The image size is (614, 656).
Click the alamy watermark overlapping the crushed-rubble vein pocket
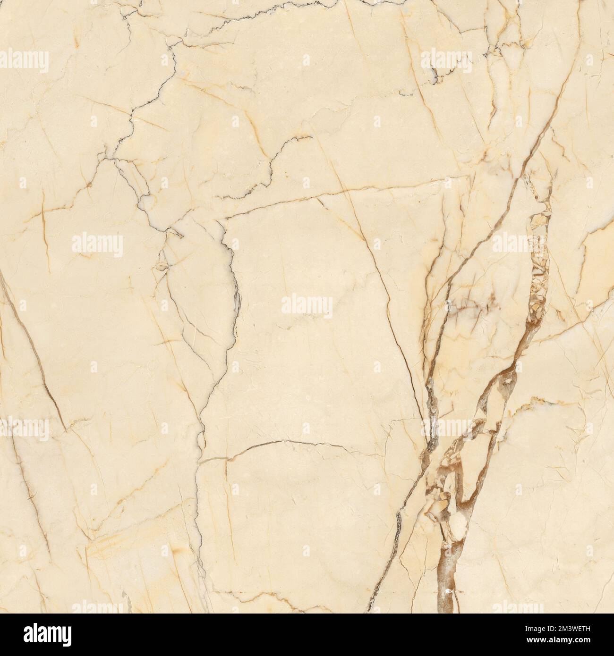point(518,244)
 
